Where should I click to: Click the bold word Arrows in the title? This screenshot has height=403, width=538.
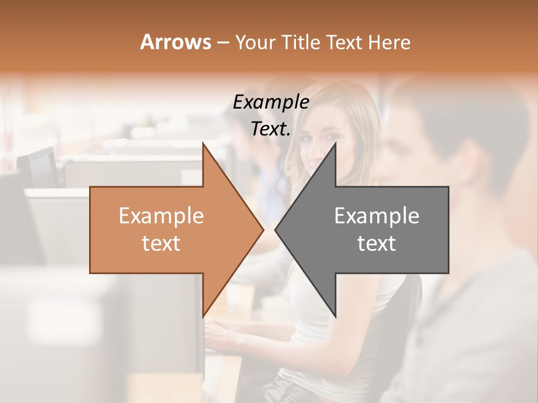[175, 42]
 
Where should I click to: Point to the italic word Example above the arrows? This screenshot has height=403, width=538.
[271, 102]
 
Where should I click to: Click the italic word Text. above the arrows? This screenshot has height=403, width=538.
[271, 129]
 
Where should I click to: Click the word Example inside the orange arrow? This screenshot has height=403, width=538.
[161, 216]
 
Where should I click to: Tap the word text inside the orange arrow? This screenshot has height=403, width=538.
[161, 243]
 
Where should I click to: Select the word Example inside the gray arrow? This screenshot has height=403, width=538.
[377, 216]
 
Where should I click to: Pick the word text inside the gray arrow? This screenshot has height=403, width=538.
[377, 243]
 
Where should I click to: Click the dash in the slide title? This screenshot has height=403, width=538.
[222, 43]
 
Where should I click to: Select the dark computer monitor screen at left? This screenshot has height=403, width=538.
[42, 168]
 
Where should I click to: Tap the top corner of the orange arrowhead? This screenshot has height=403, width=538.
[203, 144]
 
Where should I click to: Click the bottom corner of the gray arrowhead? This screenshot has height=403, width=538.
[335, 316]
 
